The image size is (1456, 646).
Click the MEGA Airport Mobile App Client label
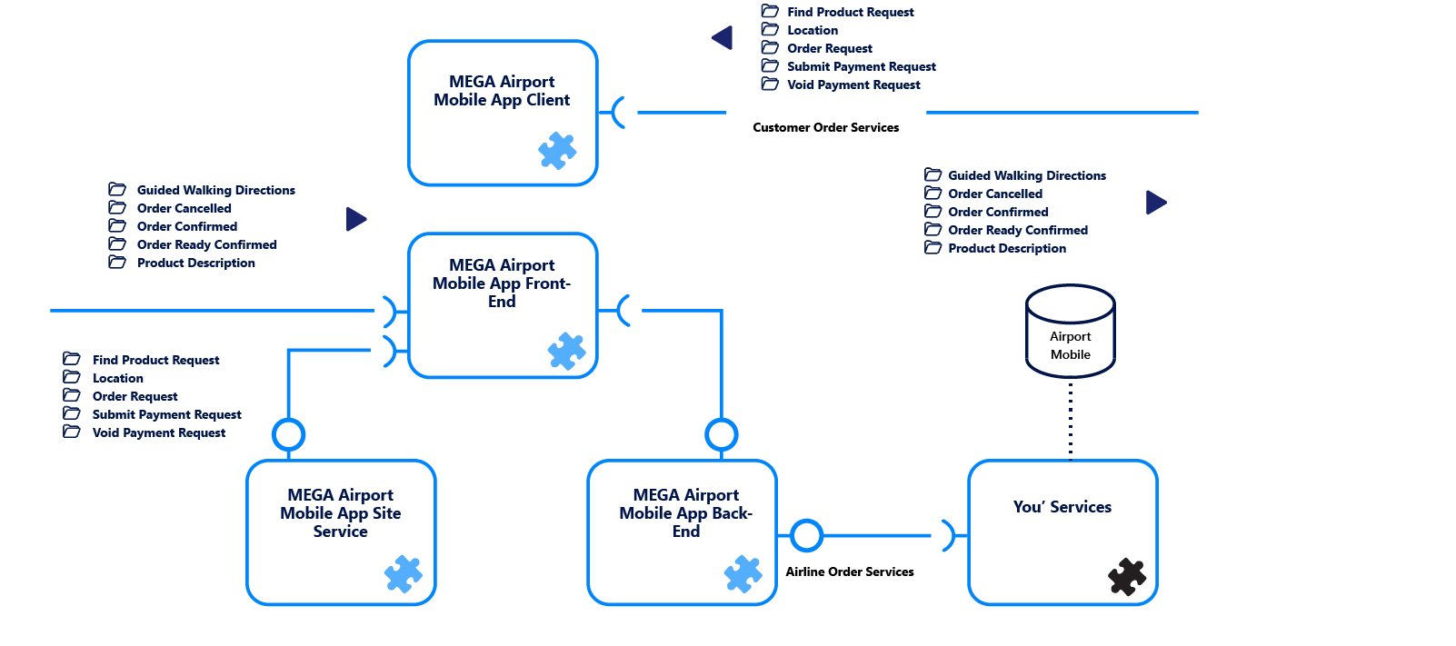click(x=502, y=91)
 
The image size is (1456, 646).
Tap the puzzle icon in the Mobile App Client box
click(x=557, y=151)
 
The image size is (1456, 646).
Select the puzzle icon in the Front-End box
click(x=566, y=351)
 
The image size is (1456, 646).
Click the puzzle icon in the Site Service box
click(x=404, y=573)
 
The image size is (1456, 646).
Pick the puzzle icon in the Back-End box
click(x=743, y=573)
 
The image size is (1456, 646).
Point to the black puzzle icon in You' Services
click(x=1127, y=576)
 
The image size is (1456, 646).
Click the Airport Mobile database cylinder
click(x=1070, y=333)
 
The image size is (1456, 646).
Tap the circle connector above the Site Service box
click(x=289, y=434)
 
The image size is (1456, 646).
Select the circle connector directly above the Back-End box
click(x=722, y=434)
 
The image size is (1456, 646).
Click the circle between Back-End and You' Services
click(x=806, y=535)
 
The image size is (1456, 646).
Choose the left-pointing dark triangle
click(x=723, y=38)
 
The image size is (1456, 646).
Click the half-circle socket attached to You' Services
click(x=948, y=535)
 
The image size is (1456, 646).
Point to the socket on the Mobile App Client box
click(x=619, y=113)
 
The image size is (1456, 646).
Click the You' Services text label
click(x=1062, y=507)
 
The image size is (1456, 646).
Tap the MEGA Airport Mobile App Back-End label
click(x=685, y=512)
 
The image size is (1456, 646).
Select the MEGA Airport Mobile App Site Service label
click(x=341, y=512)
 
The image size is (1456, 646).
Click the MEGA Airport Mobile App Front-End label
click(x=502, y=283)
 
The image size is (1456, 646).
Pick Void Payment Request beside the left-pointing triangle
click(x=853, y=84)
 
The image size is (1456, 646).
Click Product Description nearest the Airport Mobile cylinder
click(x=1006, y=248)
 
